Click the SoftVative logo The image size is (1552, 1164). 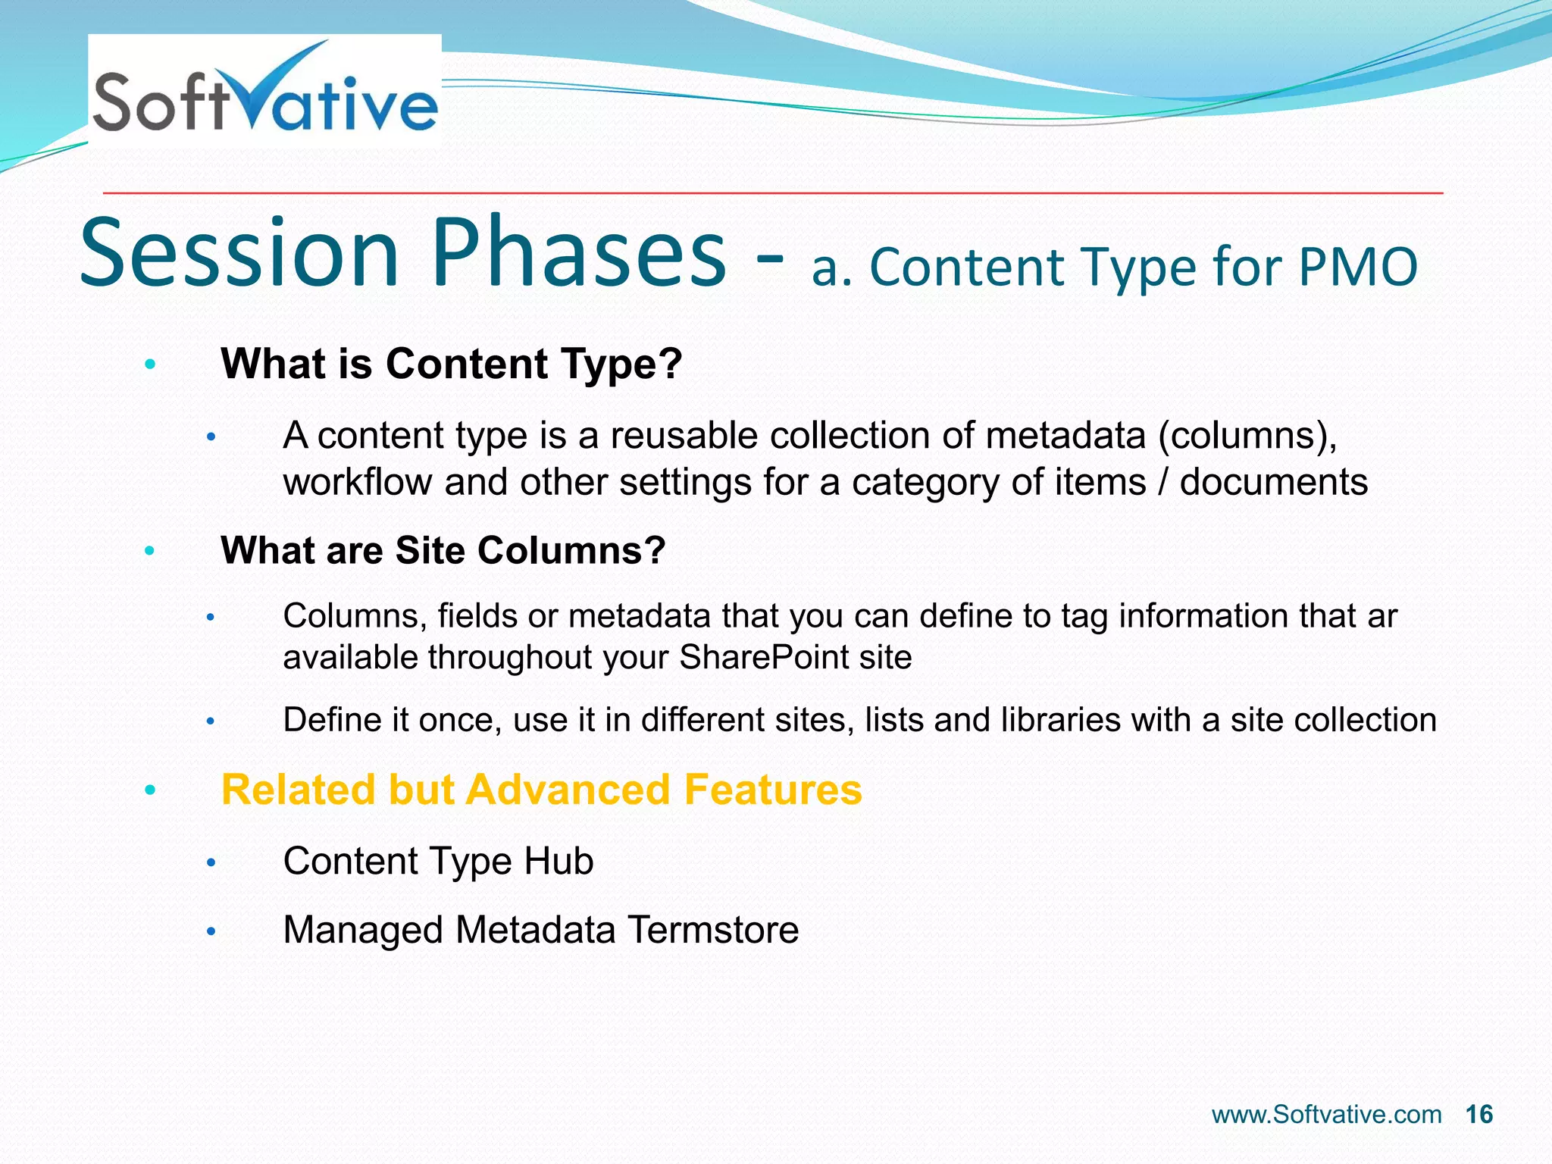pyautogui.click(x=264, y=91)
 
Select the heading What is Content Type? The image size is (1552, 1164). pyautogui.click(x=451, y=364)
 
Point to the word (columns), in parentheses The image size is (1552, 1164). pyautogui.click(x=1247, y=436)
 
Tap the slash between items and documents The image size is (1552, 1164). pyautogui.click(x=1162, y=482)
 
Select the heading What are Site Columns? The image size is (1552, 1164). pyautogui.click(x=443, y=549)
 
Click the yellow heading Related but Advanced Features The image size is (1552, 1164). pyautogui.click(x=541, y=789)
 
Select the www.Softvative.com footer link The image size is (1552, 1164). pyautogui.click(x=1326, y=1115)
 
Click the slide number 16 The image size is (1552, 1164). pyautogui.click(x=1478, y=1115)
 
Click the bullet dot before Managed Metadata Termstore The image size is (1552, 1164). pyautogui.click(x=211, y=931)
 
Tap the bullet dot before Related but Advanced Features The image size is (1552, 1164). pyautogui.click(x=150, y=790)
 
